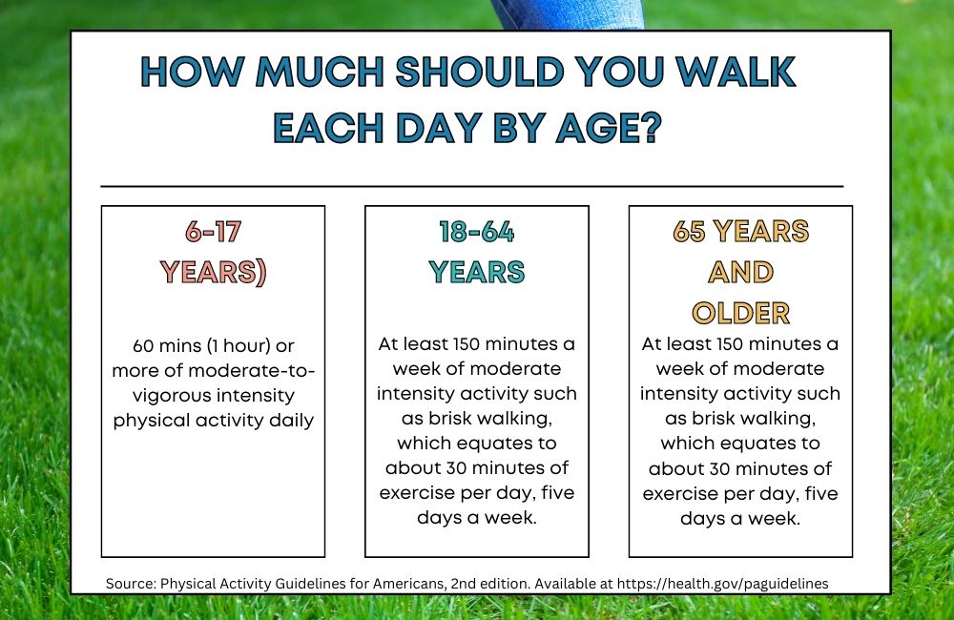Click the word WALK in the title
[736, 72]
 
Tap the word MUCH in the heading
[320, 72]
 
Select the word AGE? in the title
[609, 128]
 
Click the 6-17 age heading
[213, 232]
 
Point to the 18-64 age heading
[476, 232]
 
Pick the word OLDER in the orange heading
[740, 314]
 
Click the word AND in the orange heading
[740, 272]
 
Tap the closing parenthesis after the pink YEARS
[262, 273]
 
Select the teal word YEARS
[476, 272]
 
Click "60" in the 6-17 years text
[142, 346]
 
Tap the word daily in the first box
[292, 421]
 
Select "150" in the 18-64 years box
[467, 344]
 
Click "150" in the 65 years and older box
[730, 344]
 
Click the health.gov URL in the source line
[723, 584]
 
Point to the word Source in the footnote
[131, 584]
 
